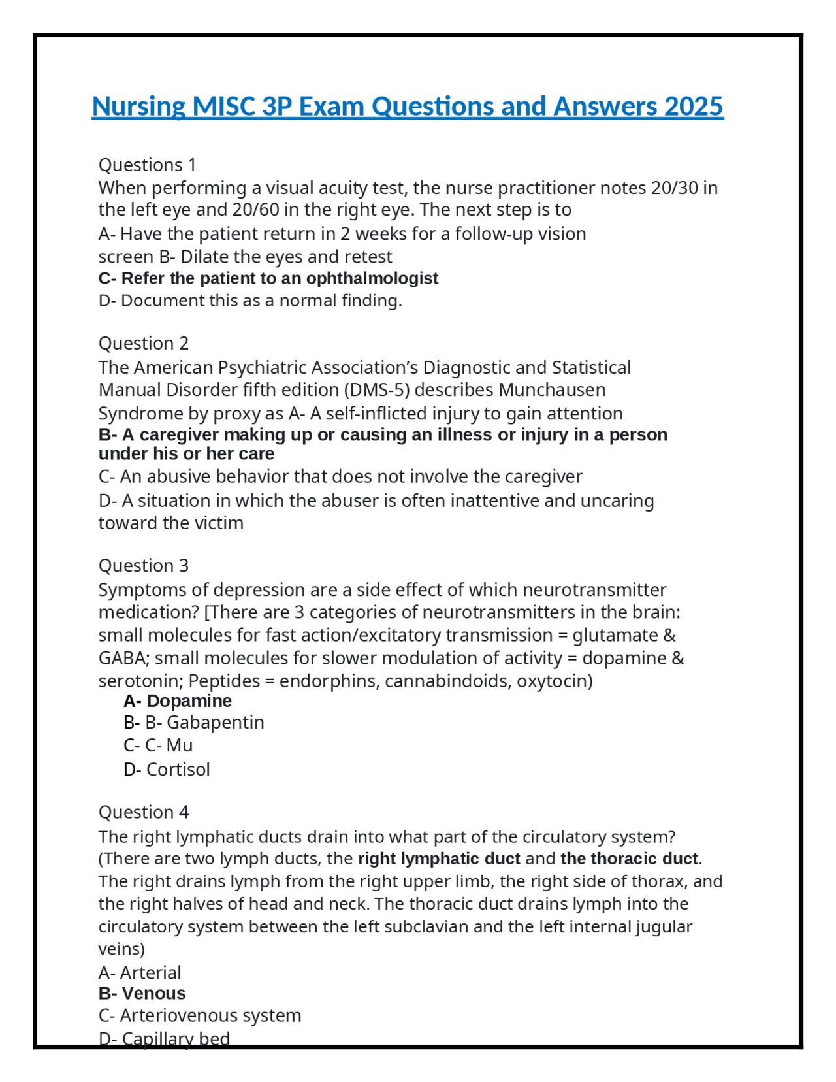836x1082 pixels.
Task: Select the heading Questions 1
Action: click(147, 165)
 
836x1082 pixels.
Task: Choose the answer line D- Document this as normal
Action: click(249, 301)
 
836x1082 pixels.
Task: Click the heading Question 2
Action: click(143, 343)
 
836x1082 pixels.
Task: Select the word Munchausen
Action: click(552, 390)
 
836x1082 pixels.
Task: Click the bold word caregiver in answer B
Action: click(179, 435)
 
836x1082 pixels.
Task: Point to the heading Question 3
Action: click(143, 565)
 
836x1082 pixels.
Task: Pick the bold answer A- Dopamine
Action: click(177, 701)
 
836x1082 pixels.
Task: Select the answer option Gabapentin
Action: click(215, 723)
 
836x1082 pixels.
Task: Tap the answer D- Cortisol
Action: click(167, 770)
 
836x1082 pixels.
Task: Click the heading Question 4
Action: click(143, 812)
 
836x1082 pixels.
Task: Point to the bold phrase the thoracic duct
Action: click(629, 859)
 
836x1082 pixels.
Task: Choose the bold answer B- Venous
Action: click(142, 994)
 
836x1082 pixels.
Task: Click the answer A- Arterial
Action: click(139, 973)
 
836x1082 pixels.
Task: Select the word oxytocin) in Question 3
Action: click(555, 681)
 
